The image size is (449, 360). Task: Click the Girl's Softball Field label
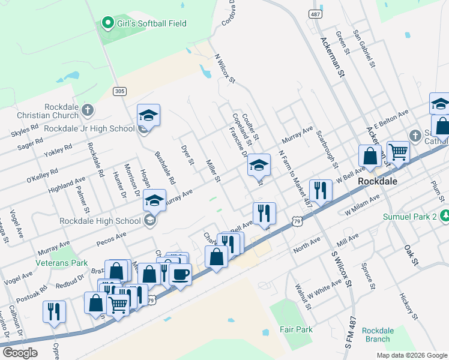click(x=152, y=23)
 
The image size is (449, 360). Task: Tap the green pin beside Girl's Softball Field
click(x=108, y=23)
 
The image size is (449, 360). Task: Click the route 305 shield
click(x=119, y=91)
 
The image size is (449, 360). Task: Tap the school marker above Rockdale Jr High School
click(x=148, y=115)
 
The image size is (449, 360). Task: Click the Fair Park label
click(x=296, y=329)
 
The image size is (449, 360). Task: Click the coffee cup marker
click(x=179, y=274)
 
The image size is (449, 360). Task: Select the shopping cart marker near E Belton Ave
click(x=397, y=151)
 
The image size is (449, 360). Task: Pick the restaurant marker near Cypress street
click(x=55, y=311)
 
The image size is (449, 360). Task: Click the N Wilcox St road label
click(x=225, y=68)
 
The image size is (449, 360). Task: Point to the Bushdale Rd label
click(x=164, y=167)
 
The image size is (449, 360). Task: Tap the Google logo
click(x=21, y=352)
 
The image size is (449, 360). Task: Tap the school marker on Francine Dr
click(x=259, y=166)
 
